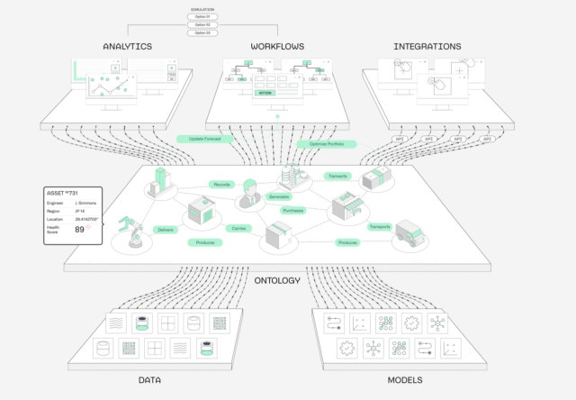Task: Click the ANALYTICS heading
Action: pyautogui.click(x=127, y=46)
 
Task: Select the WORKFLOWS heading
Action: pyautogui.click(x=278, y=46)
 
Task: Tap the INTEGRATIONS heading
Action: pyautogui.click(x=427, y=46)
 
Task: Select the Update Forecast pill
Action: pyautogui.click(x=206, y=139)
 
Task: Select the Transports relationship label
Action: pyautogui.click(x=379, y=226)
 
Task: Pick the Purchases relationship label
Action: pyautogui.click(x=292, y=211)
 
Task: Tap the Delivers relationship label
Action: pyautogui.click(x=164, y=230)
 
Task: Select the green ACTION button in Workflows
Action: pyautogui.click(x=265, y=93)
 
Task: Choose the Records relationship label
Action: pyautogui.click(x=222, y=184)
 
